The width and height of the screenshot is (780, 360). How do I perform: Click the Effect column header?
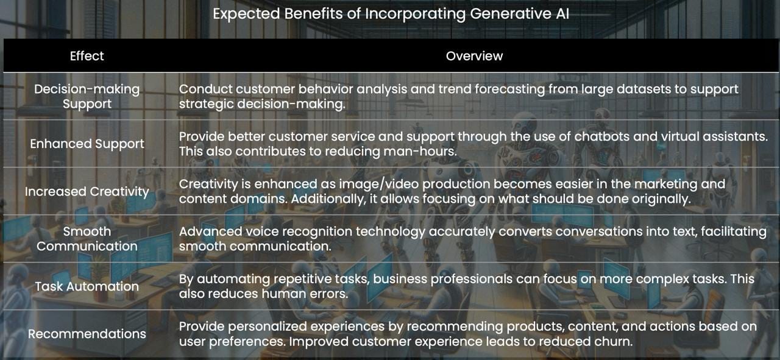[x=87, y=55]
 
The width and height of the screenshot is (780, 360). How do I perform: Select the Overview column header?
[x=474, y=55]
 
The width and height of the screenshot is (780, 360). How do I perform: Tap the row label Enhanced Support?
[x=87, y=144]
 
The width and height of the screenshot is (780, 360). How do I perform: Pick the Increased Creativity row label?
[x=87, y=191]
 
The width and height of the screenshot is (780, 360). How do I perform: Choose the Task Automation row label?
[x=87, y=286]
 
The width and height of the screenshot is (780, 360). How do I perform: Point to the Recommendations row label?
[x=87, y=334]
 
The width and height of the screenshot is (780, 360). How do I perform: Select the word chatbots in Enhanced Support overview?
[x=601, y=136]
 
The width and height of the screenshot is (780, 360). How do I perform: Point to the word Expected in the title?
[x=247, y=14]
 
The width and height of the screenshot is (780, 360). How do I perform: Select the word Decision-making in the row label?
[x=87, y=90]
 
